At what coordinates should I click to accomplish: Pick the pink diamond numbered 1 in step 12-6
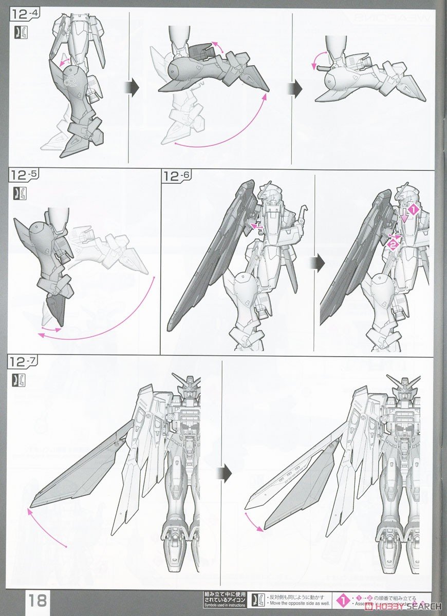click(414, 209)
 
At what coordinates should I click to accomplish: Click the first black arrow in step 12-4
click(133, 88)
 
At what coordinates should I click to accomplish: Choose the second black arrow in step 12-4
click(296, 88)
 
